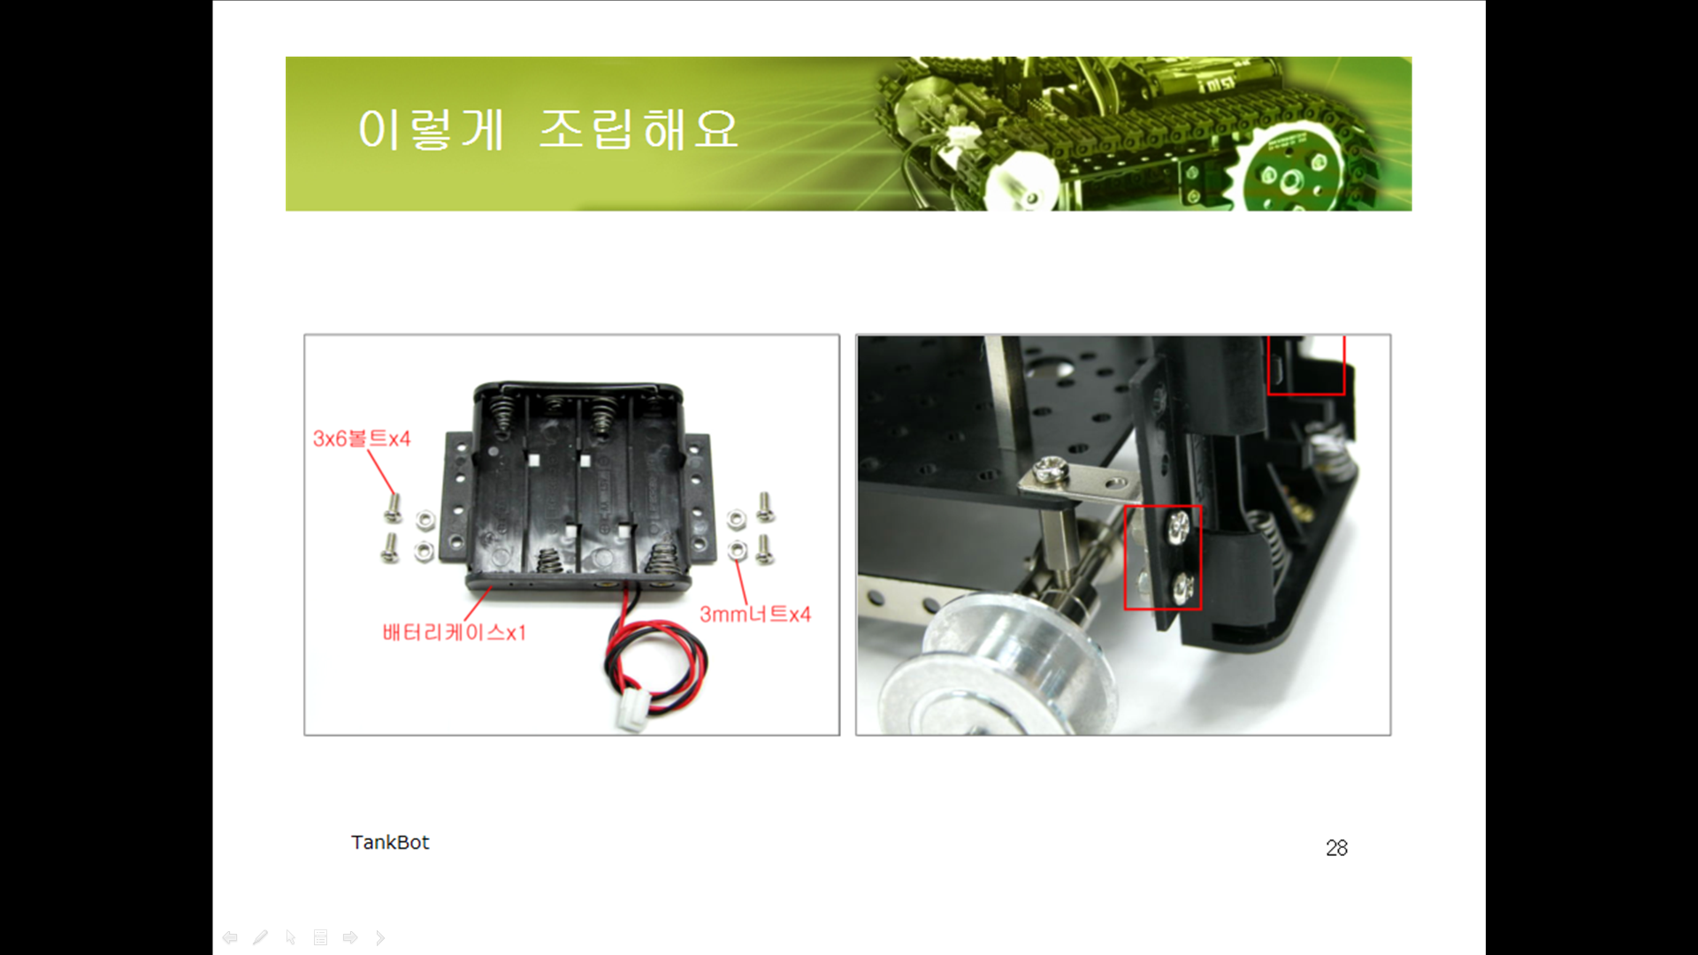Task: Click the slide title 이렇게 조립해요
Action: pyautogui.click(x=547, y=130)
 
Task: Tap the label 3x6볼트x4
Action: pyautogui.click(x=362, y=439)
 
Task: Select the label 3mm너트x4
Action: pyautogui.click(x=754, y=615)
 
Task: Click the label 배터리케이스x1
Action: pyautogui.click(x=454, y=632)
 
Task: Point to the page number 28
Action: pyautogui.click(x=1336, y=848)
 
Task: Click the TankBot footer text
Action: pyautogui.click(x=390, y=843)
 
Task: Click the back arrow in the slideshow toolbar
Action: pyautogui.click(x=230, y=937)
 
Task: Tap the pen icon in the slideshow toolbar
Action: pyautogui.click(x=260, y=937)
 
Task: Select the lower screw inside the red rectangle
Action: pyautogui.click(x=1182, y=584)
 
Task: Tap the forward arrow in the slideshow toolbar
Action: pyautogui.click(x=350, y=937)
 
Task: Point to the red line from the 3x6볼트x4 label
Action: pyautogui.click(x=382, y=473)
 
